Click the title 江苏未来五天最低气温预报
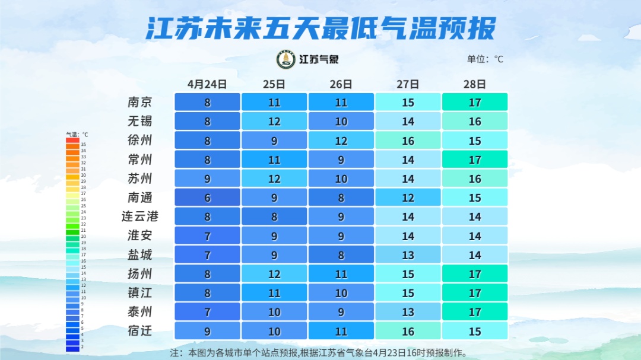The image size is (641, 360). pyautogui.click(x=320, y=28)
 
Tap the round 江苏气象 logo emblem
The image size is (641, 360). pyautogui.click(x=286, y=59)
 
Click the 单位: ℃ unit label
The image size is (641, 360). pyautogui.click(x=485, y=59)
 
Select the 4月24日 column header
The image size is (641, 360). pyautogui.click(x=207, y=84)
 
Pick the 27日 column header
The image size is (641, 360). pyautogui.click(x=408, y=84)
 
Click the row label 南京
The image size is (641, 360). pyautogui.click(x=140, y=102)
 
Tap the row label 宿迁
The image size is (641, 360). pyautogui.click(x=140, y=330)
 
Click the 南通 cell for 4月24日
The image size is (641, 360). pyautogui.click(x=207, y=197)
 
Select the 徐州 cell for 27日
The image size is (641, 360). pyautogui.click(x=408, y=141)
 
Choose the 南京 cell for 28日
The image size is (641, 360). pyautogui.click(x=475, y=102)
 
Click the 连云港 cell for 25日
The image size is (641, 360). pyautogui.click(x=274, y=216)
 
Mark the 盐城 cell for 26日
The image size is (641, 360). pyautogui.click(x=341, y=254)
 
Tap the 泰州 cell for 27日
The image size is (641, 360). pyautogui.click(x=408, y=311)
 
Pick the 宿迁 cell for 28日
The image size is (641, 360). pyautogui.click(x=475, y=330)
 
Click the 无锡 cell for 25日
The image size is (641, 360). pyautogui.click(x=274, y=122)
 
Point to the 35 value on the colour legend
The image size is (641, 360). pyautogui.click(x=84, y=144)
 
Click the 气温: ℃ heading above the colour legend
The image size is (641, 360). pyautogui.click(x=77, y=135)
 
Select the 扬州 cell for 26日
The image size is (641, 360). pyautogui.click(x=341, y=273)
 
